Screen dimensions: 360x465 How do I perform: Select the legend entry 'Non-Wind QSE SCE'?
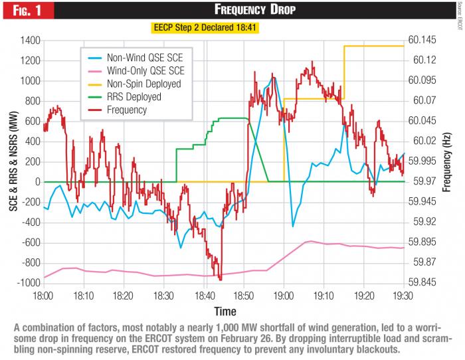tap(147, 58)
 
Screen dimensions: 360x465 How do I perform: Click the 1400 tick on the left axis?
tap(29, 41)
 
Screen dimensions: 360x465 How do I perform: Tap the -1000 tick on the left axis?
tap(28, 283)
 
